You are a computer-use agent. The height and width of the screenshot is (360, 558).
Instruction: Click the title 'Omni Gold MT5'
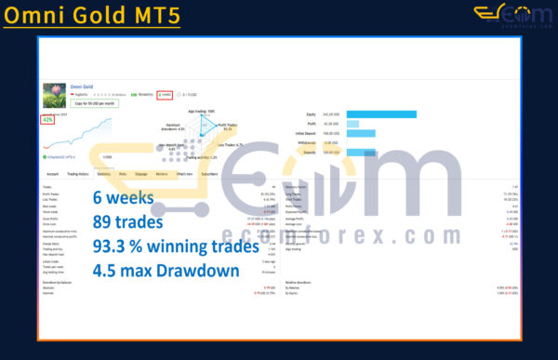coord(91,18)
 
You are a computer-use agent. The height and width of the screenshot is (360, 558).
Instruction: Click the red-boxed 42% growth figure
coord(47,119)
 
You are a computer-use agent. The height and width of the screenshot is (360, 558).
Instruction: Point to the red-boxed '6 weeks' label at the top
coord(165,94)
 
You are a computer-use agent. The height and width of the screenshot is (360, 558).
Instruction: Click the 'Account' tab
coord(53,173)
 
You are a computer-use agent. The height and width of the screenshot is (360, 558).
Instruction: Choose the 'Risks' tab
coord(123,173)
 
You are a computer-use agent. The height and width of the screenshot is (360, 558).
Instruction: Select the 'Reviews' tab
coord(162,173)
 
